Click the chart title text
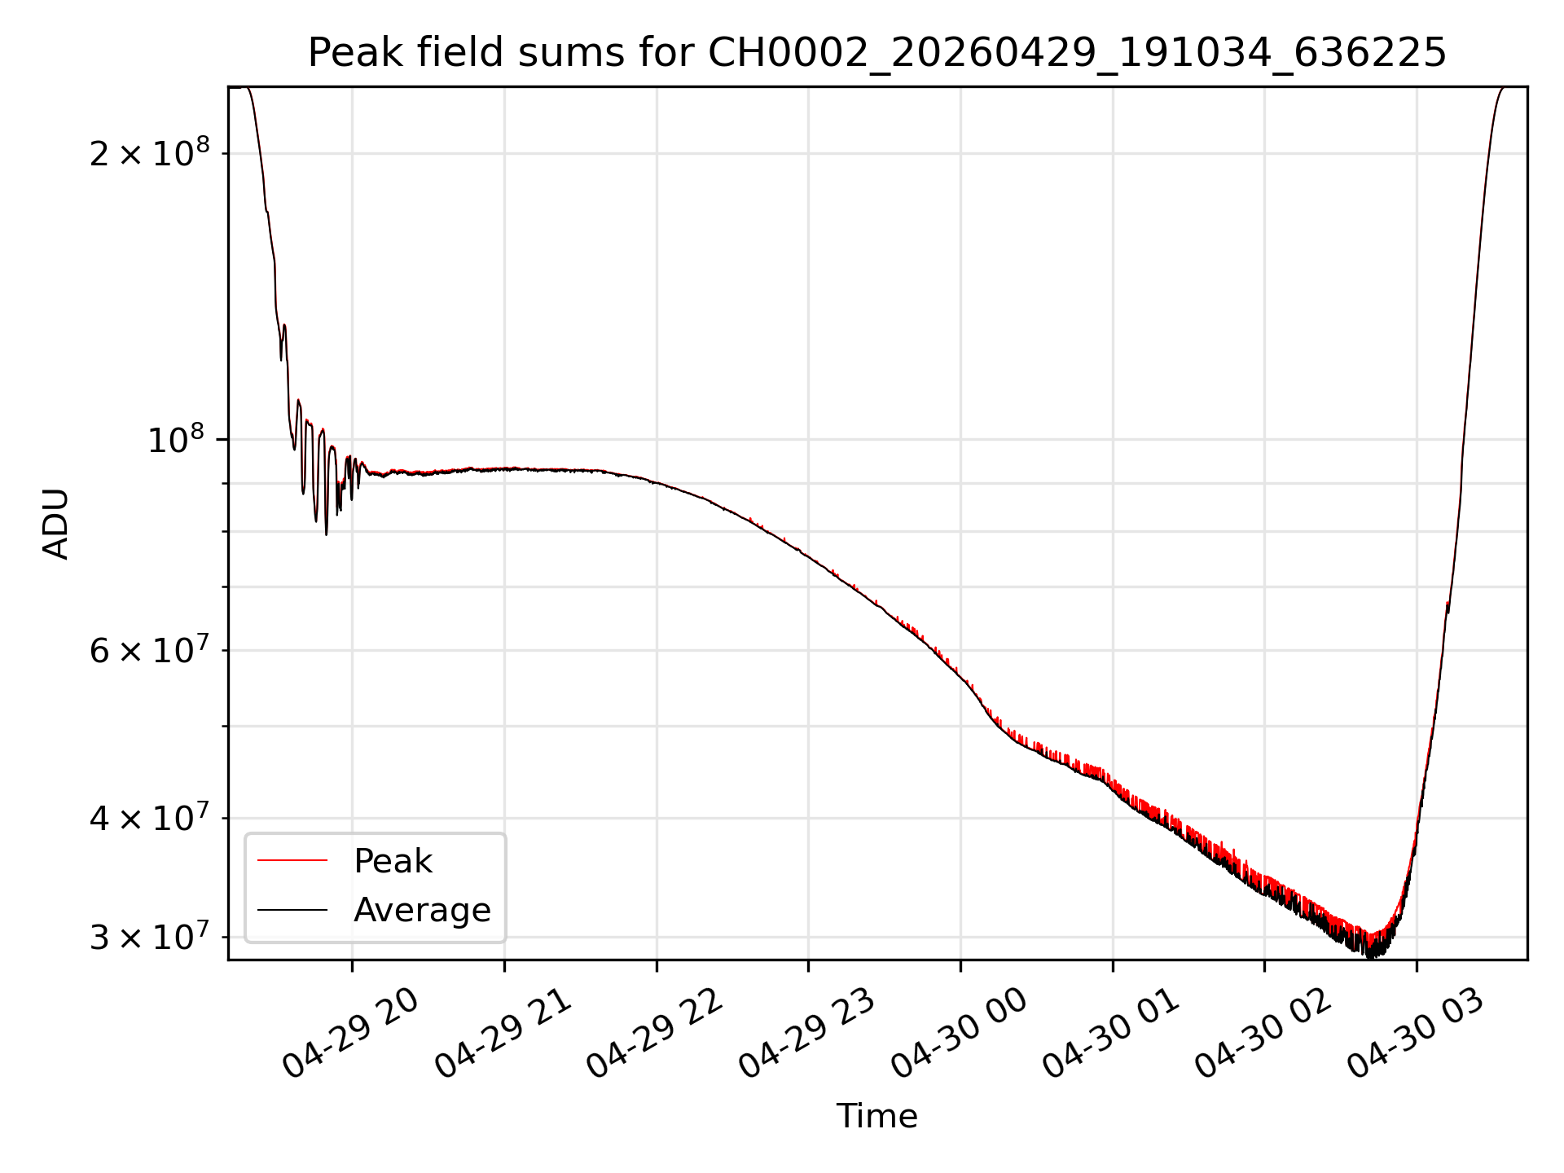click(876, 54)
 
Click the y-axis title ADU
click(56, 524)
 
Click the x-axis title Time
click(876, 1116)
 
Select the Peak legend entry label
click(393, 861)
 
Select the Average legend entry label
click(422, 910)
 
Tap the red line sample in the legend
click(292, 861)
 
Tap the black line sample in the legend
click(292, 910)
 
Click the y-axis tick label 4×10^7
click(149, 817)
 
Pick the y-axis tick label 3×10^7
click(149, 937)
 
